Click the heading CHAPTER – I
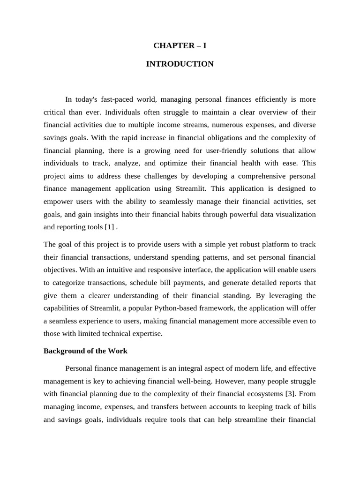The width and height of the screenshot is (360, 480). pos(180,45)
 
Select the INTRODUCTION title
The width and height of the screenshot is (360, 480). pos(180,64)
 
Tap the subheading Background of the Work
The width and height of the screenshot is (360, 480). pos(85,351)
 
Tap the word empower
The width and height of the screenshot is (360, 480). pos(58,202)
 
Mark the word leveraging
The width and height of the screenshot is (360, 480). pos(282,295)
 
